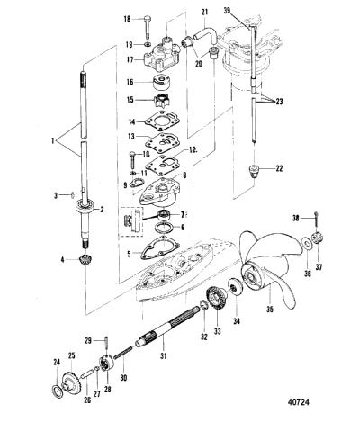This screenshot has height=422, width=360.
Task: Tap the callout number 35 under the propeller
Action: click(270, 309)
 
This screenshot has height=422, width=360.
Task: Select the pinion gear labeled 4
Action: click(85, 259)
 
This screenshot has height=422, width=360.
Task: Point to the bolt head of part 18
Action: click(148, 16)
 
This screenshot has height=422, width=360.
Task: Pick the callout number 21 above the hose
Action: click(204, 13)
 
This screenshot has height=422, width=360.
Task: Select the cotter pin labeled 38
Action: click(316, 220)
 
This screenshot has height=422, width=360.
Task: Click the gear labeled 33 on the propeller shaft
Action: click(216, 300)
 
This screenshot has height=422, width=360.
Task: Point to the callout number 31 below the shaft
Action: click(163, 356)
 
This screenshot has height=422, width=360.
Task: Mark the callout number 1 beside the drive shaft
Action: click(53, 140)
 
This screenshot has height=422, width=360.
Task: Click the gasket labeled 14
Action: click(162, 121)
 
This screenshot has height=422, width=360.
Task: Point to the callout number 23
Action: click(279, 102)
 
